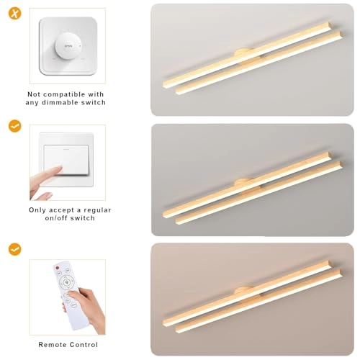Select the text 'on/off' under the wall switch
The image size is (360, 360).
tap(59, 217)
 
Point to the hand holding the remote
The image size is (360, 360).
tap(88, 310)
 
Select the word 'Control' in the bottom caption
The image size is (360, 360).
tap(83, 344)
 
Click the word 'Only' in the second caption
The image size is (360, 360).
tap(38, 209)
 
